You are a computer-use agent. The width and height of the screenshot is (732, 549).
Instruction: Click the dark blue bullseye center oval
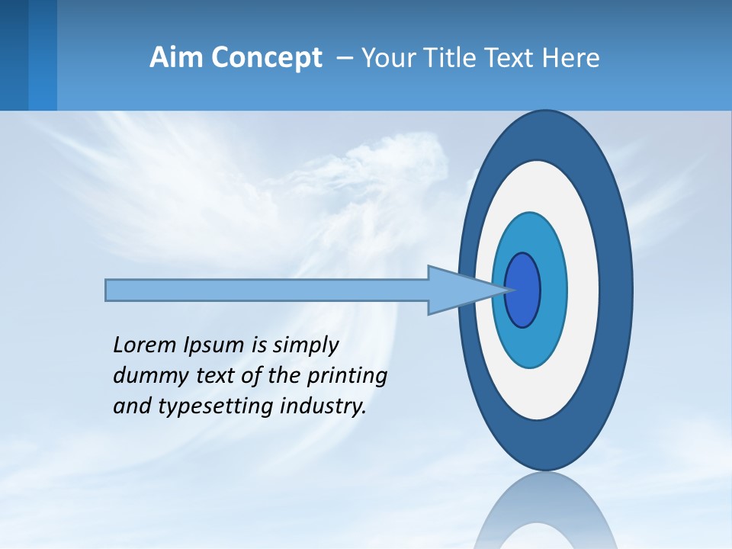click(x=523, y=291)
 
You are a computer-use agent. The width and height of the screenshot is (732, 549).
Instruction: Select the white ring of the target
click(x=584, y=291)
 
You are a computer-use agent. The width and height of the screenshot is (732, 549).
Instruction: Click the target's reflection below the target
click(x=546, y=511)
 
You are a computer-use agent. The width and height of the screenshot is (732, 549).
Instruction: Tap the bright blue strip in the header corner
click(x=42, y=55)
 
